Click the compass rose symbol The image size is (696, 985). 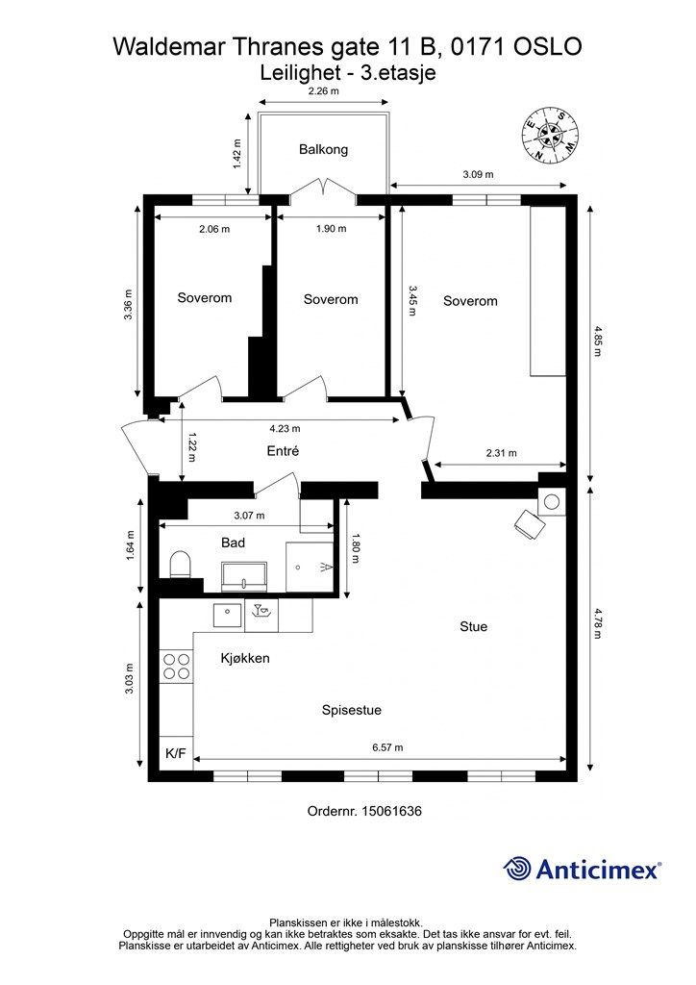click(551, 133)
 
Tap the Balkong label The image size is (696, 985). click(323, 149)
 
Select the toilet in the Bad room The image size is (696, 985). click(180, 565)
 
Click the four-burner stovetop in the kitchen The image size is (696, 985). click(176, 667)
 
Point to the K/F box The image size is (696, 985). click(176, 753)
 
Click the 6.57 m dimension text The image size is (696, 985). click(387, 747)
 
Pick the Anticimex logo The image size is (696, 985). click(582, 869)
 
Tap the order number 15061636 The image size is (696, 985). click(391, 811)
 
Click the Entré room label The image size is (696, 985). click(283, 451)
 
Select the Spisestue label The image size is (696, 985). click(352, 711)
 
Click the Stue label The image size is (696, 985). click(473, 626)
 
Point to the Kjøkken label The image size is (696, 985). click(245, 658)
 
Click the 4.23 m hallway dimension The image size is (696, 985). click(285, 428)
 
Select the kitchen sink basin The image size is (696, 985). click(227, 616)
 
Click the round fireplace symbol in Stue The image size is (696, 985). click(552, 502)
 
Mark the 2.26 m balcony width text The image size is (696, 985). click(324, 91)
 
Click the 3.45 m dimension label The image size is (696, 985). click(411, 301)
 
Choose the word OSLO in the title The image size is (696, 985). click(548, 46)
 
